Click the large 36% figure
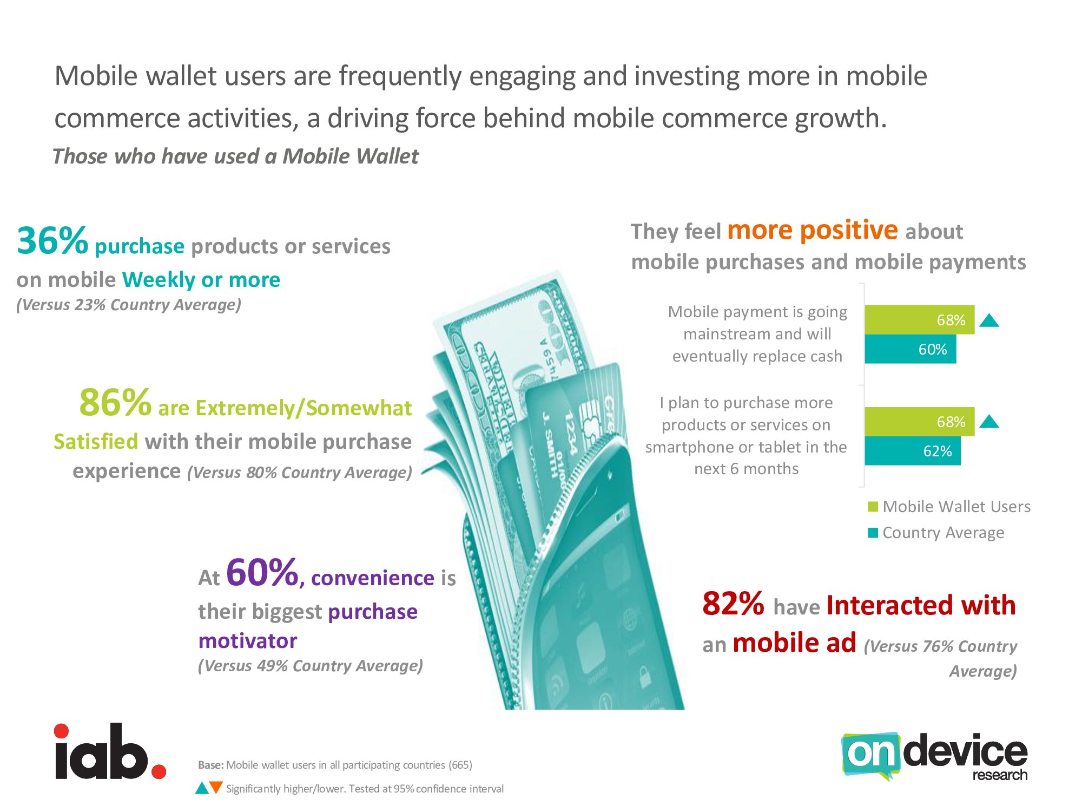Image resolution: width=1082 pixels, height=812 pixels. point(52,240)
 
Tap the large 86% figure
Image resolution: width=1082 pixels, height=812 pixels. point(115,403)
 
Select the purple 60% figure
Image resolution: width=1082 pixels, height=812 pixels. point(262,572)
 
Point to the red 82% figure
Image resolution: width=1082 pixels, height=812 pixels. point(733,604)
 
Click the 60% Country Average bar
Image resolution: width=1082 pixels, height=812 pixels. point(910,349)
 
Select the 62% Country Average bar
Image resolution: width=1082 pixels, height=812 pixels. point(912,451)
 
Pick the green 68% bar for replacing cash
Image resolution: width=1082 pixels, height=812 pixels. point(919,320)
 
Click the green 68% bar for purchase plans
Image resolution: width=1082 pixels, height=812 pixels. point(919,422)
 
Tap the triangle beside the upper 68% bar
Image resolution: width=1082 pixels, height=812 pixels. point(989,321)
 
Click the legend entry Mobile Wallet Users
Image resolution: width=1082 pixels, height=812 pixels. point(949,507)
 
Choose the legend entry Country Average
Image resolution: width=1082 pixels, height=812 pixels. point(936,533)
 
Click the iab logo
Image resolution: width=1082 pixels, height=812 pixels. point(110,751)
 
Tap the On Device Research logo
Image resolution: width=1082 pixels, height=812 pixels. point(934,757)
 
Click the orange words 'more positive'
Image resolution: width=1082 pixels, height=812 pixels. point(813,230)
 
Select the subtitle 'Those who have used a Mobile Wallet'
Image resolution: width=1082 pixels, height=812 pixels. point(235,156)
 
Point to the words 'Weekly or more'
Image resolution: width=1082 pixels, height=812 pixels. point(201,280)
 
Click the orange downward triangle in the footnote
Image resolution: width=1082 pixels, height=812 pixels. point(216,788)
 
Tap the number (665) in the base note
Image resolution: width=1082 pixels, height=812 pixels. point(460,765)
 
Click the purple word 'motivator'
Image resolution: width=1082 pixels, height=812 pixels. point(248,641)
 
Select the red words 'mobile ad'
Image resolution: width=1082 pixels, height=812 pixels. point(794,643)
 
